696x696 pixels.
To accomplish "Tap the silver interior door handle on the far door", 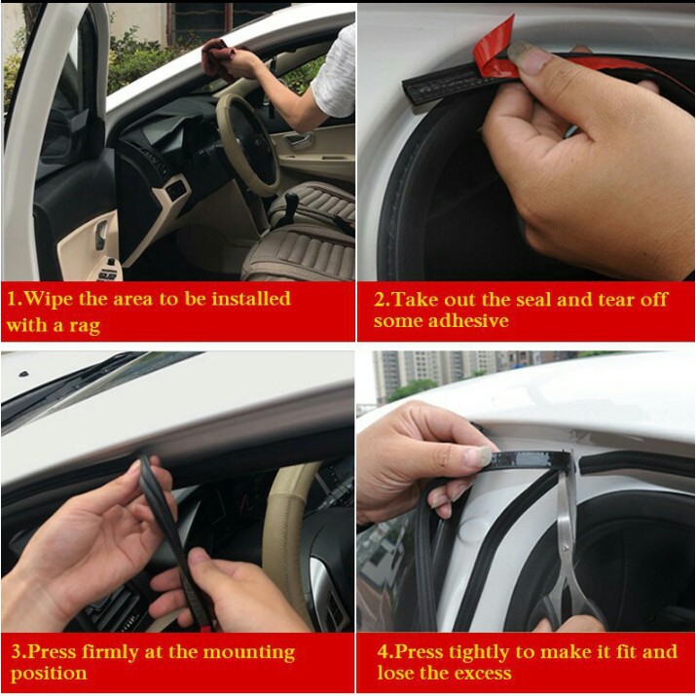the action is tap(298, 141).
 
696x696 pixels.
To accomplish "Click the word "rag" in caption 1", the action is tap(85, 326).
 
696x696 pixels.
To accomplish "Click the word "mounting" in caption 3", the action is tap(248, 653).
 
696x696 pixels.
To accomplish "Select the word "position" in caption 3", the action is tap(49, 674).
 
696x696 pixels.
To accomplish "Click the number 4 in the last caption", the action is tap(383, 652).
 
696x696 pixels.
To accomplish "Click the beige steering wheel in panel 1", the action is tap(247, 142).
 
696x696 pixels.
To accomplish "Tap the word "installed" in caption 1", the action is tap(251, 299).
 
